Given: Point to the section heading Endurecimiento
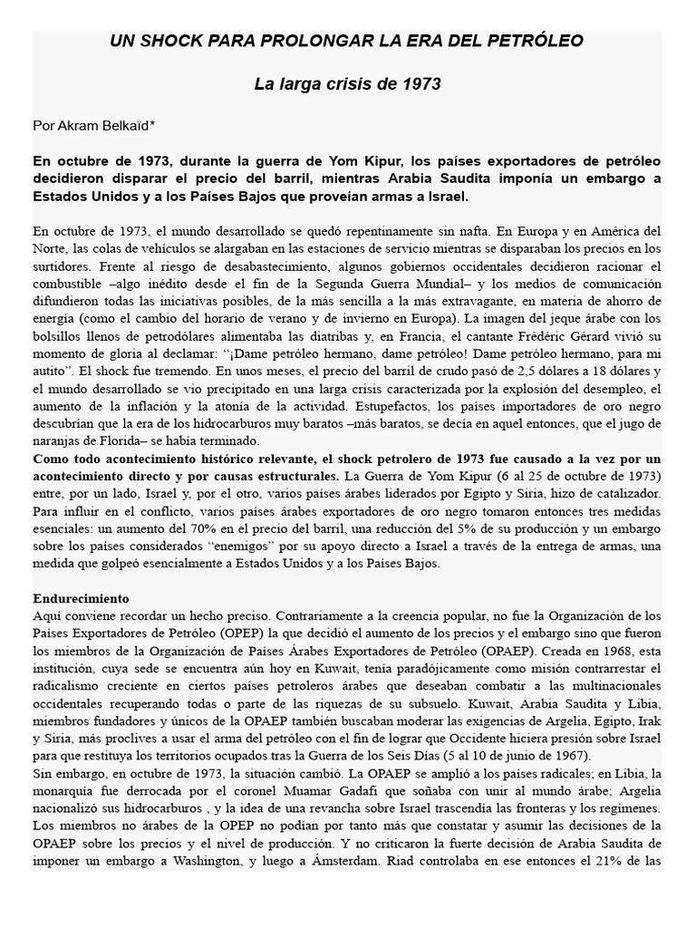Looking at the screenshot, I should click(x=82, y=599).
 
